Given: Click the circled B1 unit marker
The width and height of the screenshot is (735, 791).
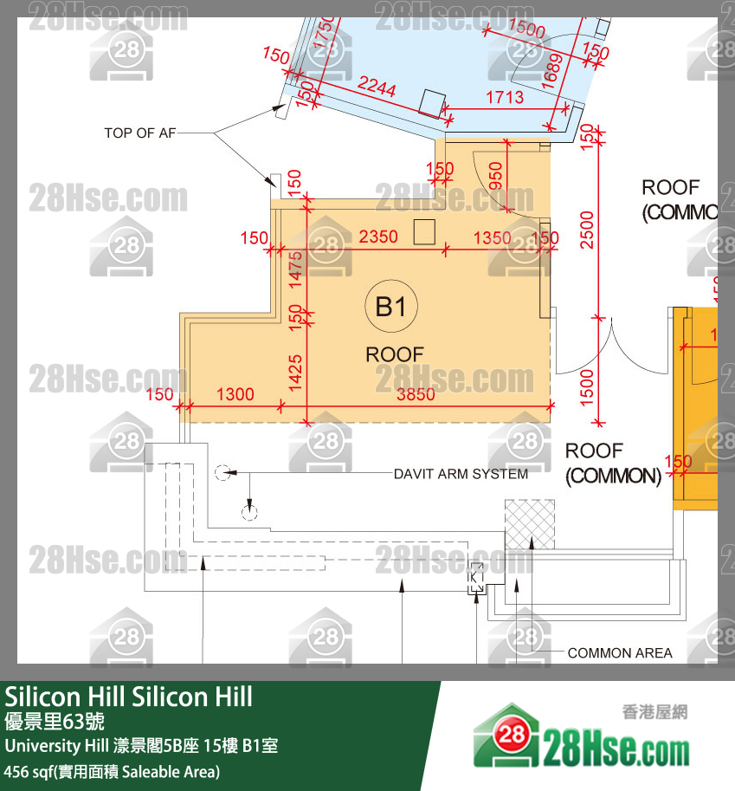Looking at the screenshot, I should (x=391, y=306).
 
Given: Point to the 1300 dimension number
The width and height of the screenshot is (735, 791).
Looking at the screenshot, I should (x=235, y=395).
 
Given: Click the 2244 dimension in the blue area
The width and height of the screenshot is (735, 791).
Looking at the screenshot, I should (x=377, y=87).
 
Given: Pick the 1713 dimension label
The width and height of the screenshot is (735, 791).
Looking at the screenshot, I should (x=504, y=98).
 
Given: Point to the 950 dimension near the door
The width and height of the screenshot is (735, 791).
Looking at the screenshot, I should (x=495, y=175).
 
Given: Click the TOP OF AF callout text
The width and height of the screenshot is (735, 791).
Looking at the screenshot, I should (x=142, y=133).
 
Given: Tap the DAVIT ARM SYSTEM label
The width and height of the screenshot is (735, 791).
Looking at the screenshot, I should (x=461, y=474).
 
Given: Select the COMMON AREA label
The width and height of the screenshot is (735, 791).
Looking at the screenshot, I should (x=620, y=653).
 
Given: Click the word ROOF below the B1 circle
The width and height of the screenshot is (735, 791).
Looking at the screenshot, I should (x=395, y=354).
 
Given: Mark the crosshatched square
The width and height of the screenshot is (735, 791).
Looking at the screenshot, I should (x=530, y=523).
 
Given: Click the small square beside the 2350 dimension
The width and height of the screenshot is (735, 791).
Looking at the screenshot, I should (x=424, y=231).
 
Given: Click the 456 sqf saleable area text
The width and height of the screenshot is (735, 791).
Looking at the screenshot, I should (x=112, y=771).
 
